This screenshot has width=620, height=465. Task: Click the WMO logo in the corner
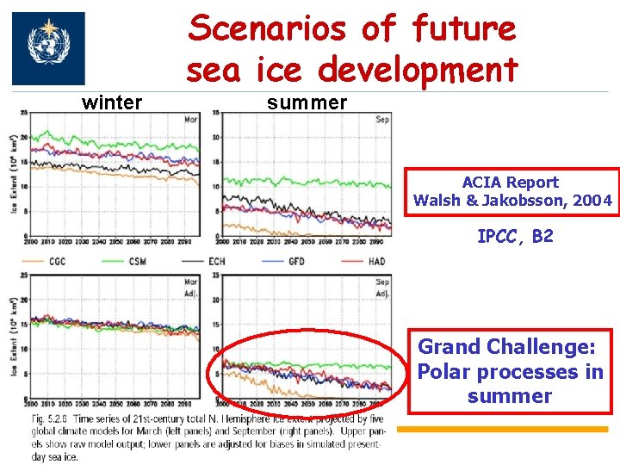click(x=48, y=48)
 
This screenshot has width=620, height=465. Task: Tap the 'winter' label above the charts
click(x=112, y=103)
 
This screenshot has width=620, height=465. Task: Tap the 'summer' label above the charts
click(x=307, y=103)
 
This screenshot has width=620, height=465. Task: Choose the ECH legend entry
click(x=216, y=261)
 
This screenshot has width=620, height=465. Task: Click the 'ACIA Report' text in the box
click(x=510, y=183)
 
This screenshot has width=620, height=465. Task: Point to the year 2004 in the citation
click(x=595, y=201)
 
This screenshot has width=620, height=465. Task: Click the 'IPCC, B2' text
click(x=515, y=236)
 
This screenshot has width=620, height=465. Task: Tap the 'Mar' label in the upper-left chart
click(x=191, y=120)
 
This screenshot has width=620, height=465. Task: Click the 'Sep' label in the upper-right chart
click(x=382, y=120)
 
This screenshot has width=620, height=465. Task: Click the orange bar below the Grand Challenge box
click(x=508, y=428)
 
